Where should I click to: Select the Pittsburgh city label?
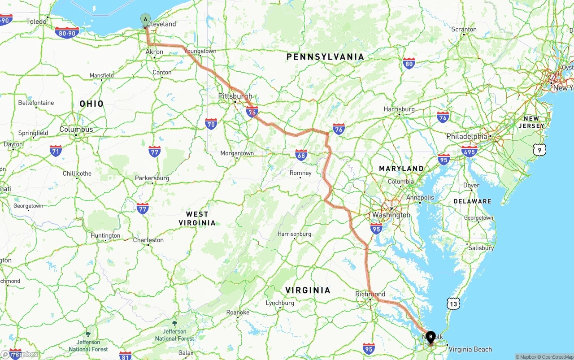click(x=235, y=96)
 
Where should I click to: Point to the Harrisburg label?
click(x=399, y=109)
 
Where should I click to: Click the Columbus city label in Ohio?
click(x=76, y=129)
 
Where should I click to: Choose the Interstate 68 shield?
click(x=301, y=155)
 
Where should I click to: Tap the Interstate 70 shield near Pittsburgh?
click(x=211, y=124)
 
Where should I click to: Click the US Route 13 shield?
click(x=453, y=304)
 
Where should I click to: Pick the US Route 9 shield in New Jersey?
click(x=539, y=150)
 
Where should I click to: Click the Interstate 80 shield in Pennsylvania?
click(x=409, y=64)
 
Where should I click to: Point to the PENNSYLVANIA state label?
click(x=325, y=57)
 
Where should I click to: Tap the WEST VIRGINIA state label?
click(x=197, y=218)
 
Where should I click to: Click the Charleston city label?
click(x=148, y=240)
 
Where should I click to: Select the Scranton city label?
click(x=464, y=29)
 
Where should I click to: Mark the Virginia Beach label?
click(x=470, y=349)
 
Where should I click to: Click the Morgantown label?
click(x=237, y=153)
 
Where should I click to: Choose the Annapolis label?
click(x=420, y=197)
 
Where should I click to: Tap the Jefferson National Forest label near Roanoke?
click(x=174, y=334)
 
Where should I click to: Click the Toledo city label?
click(x=36, y=21)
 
